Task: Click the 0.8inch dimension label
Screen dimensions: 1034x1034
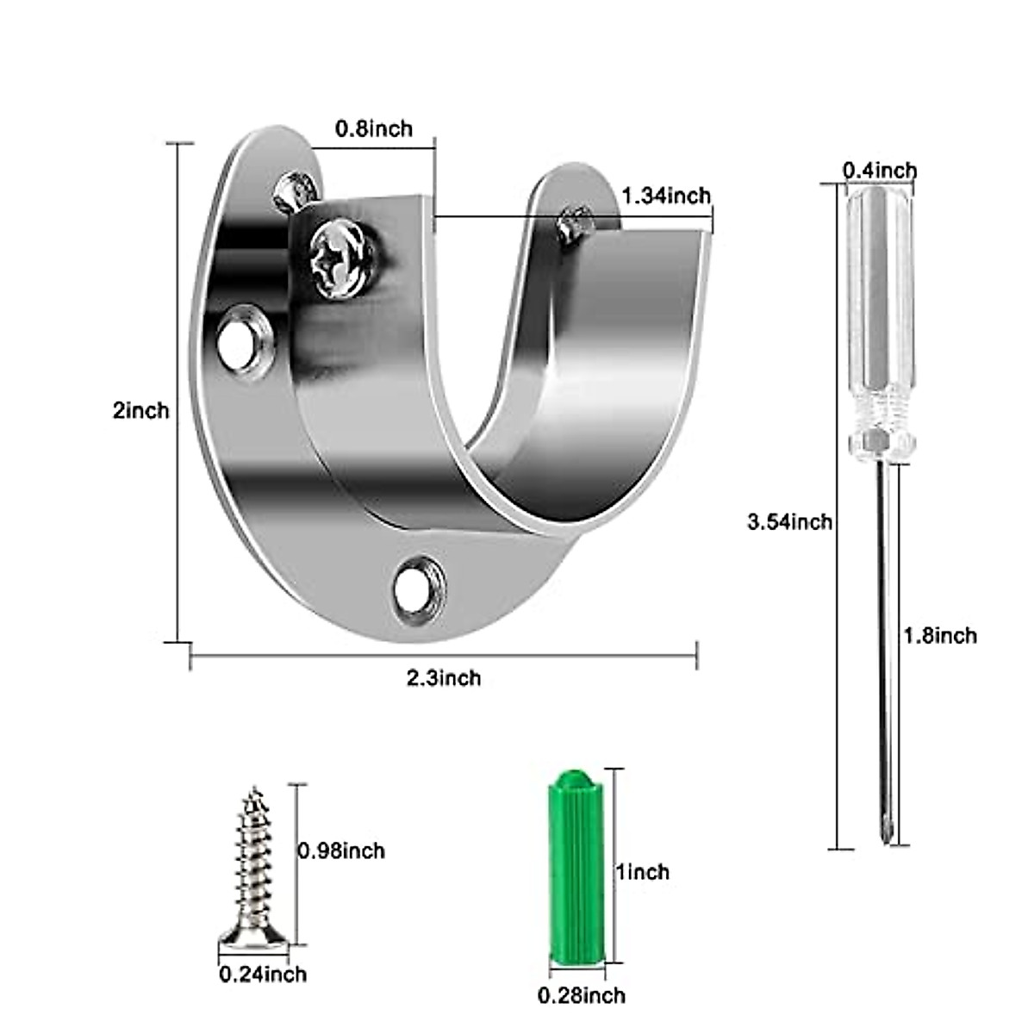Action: point(373,129)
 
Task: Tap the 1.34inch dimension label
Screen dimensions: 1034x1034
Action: point(666,196)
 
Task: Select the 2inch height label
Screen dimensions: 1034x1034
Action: point(140,410)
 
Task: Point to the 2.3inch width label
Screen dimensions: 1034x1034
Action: point(444,678)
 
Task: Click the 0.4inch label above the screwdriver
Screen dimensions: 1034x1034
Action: point(879,171)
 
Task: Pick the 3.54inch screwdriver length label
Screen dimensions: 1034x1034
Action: point(790,521)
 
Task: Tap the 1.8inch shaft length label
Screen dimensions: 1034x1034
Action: point(940,636)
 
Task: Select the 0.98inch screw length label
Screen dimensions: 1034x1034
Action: point(341,851)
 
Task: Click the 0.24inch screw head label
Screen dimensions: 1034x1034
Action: point(263,975)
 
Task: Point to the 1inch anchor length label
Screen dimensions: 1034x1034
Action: point(641,872)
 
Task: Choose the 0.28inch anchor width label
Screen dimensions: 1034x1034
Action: point(582,996)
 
